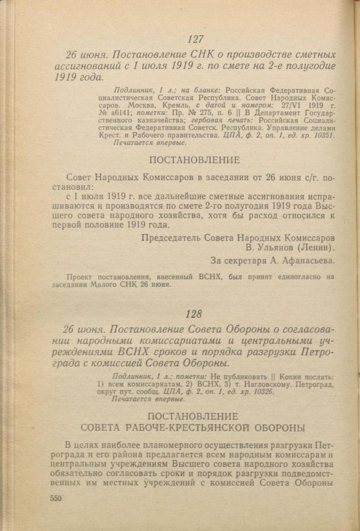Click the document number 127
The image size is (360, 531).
tap(195, 40)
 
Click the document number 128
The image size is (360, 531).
tap(194, 315)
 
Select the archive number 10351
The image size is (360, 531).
tap(322, 135)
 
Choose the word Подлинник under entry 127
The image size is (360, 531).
tap(134, 88)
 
